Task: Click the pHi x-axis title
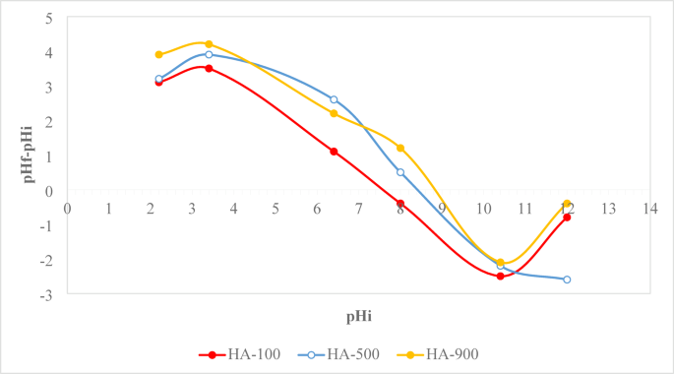[x=358, y=316]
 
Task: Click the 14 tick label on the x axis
[x=650, y=209]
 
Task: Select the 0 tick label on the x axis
[x=67, y=209]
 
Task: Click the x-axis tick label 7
[x=358, y=209]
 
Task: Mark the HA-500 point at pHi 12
[x=567, y=280]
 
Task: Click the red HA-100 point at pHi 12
[x=567, y=217]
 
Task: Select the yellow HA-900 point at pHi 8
[x=400, y=148]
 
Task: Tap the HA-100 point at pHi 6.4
[x=334, y=152]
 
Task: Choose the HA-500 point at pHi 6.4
[x=334, y=99]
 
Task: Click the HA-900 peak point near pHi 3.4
[x=209, y=44]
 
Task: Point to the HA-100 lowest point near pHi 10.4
[x=500, y=277]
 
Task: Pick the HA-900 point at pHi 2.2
[x=158, y=55]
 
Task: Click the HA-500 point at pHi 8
[x=400, y=172]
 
